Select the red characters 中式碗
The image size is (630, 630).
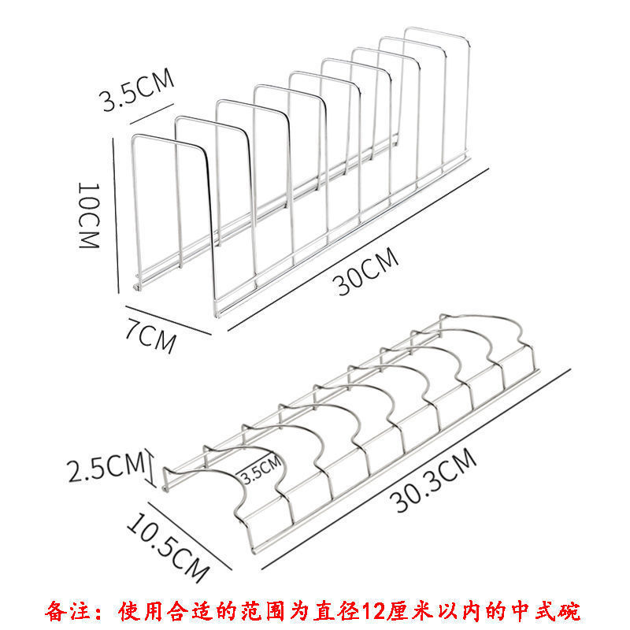550,610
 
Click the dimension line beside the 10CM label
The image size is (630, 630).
116,217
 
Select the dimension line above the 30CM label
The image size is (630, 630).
354,240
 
